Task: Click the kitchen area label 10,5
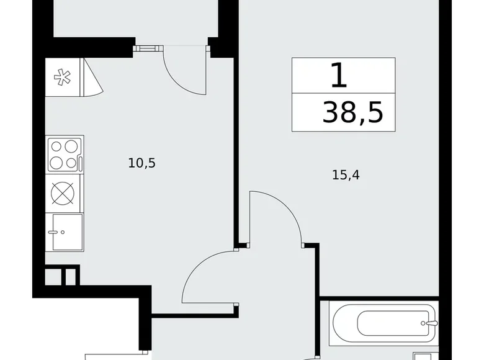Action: click(141, 163)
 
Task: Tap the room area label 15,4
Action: click(346, 175)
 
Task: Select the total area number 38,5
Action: click(352, 112)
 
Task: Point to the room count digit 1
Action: click(338, 76)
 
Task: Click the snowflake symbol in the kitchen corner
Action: click(61, 78)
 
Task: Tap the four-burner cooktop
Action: click(65, 154)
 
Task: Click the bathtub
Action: click(385, 323)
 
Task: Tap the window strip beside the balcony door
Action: click(148, 47)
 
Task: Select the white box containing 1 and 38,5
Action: click(343, 94)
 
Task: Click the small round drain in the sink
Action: click(61, 233)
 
